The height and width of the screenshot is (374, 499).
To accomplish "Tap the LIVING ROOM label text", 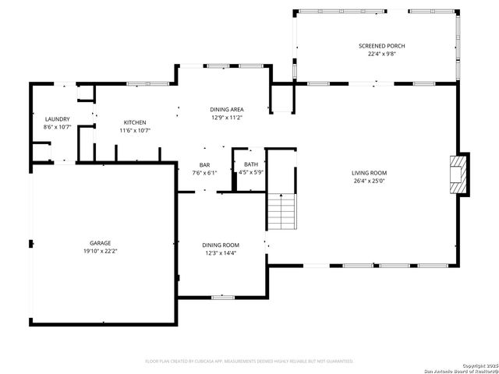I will [x=370, y=173].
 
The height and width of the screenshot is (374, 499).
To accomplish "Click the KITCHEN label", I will [x=135, y=122].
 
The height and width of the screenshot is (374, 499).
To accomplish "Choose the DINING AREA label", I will [x=227, y=109].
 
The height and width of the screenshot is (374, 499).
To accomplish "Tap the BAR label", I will [x=205, y=164].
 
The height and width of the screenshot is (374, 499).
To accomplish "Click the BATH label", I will [x=250, y=164].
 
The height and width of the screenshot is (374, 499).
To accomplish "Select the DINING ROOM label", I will [x=221, y=245].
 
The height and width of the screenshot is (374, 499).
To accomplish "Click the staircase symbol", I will [x=282, y=211].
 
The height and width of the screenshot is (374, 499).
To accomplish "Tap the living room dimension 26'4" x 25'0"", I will [x=370, y=182].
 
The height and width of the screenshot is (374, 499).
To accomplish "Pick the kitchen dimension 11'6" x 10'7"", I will [x=135, y=131].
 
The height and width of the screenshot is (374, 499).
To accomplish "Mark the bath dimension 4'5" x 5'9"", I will [x=250, y=172].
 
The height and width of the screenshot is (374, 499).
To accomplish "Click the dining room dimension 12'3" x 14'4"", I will [x=221, y=253].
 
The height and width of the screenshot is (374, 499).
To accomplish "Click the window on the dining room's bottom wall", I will [x=223, y=297].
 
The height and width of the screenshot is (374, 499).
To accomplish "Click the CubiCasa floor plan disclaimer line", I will [x=249, y=361].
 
